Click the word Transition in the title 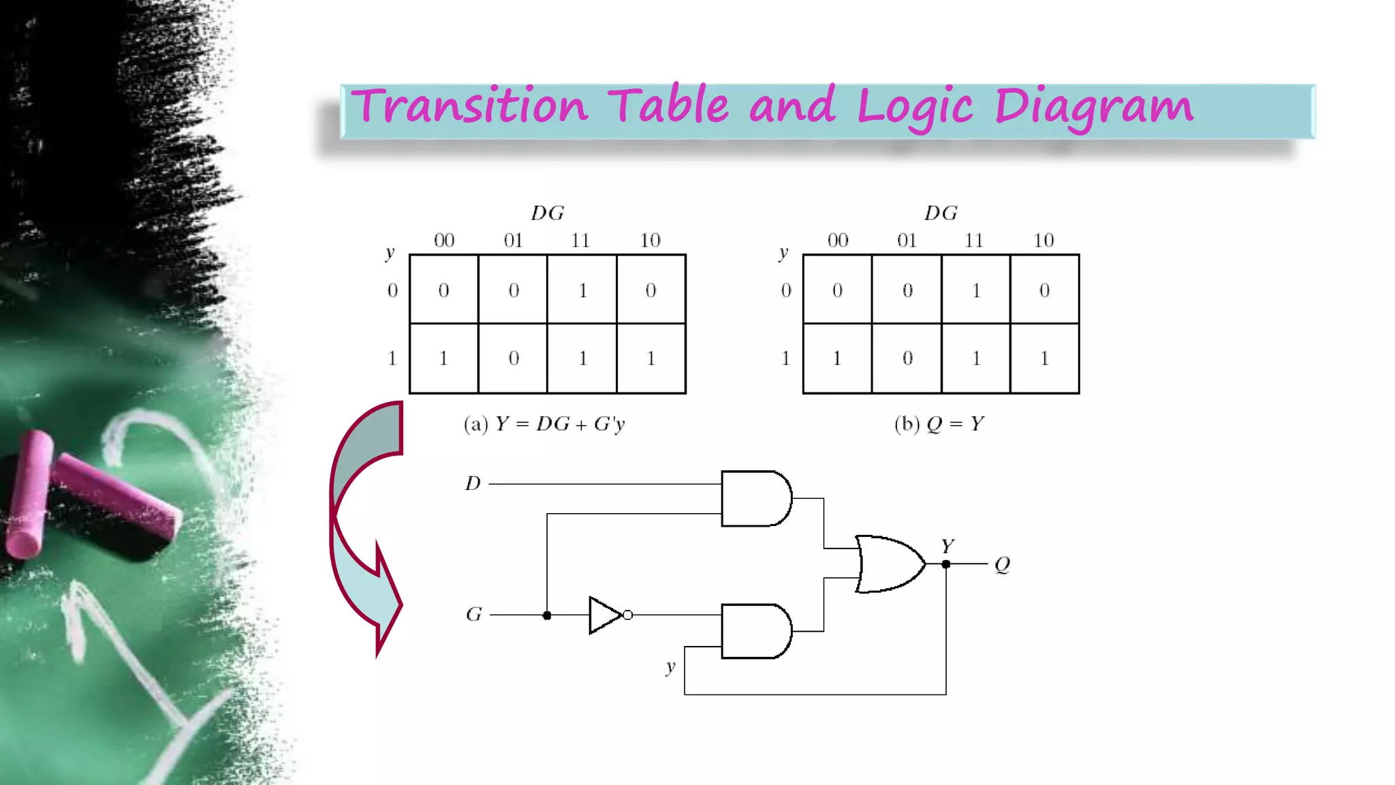tap(469, 106)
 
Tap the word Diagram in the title tap(1093, 108)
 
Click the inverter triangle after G tap(605, 615)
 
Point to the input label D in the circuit tap(473, 484)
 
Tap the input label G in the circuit tap(473, 615)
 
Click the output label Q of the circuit tap(1002, 564)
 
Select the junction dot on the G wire tap(547, 615)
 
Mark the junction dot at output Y tap(946, 564)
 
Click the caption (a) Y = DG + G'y tap(544, 425)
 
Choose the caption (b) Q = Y tap(939, 425)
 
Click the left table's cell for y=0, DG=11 tap(582, 290)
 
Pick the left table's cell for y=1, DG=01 tap(514, 358)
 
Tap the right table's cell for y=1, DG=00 tap(837, 358)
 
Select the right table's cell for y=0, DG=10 tap(1044, 290)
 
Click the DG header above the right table tap(941, 213)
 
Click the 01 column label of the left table tap(513, 241)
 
